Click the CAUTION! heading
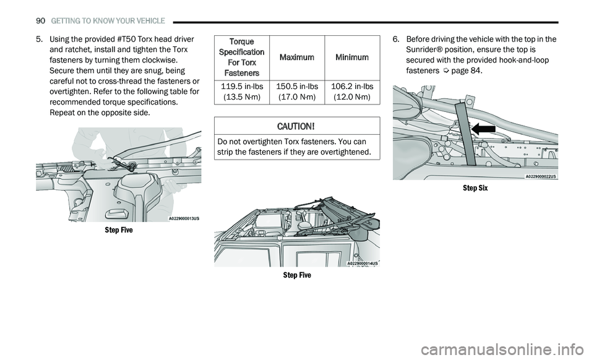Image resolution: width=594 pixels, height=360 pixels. coord(297,126)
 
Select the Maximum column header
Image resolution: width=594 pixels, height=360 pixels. coord(296,58)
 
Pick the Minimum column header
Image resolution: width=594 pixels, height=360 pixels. coord(352,58)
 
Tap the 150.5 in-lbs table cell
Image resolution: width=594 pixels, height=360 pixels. coord(296,92)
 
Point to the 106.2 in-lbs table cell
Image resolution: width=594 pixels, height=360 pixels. coord(352,92)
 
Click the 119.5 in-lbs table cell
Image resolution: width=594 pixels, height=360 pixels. coord(241,92)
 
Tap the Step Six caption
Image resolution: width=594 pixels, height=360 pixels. coord(475,188)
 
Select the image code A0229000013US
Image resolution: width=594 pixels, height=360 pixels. coord(184,218)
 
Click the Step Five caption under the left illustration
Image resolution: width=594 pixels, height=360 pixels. coord(118,230)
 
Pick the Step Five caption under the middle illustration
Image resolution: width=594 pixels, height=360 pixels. coord(297,275)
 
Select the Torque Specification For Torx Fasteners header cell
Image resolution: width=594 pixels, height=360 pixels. coord(241,58)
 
